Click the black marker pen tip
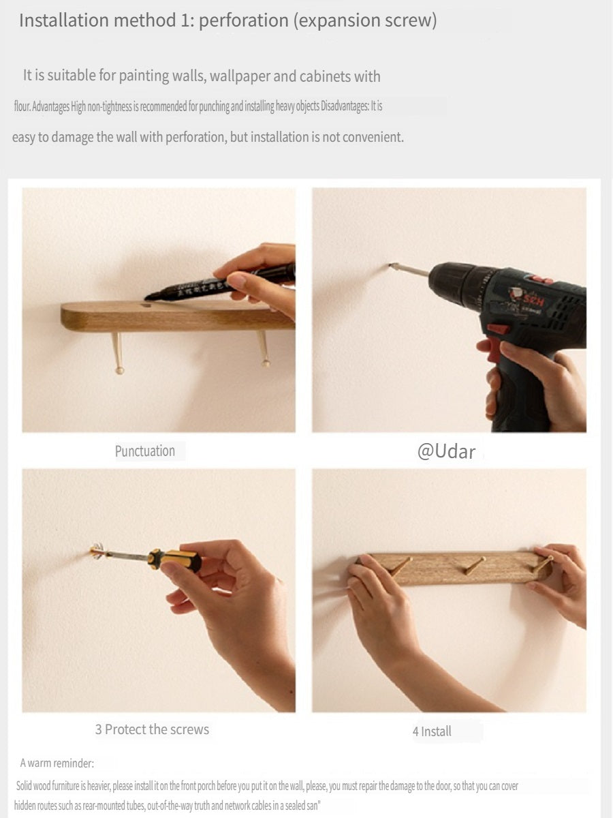coord(148,297)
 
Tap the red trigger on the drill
coord(495,348)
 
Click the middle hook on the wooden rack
coord(471,565)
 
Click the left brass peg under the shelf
coord(118,353)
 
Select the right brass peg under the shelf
coord(263,348)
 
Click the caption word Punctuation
coord(145,451)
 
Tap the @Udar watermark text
coord(446,451)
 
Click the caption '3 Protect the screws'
coord(152,729)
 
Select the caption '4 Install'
coord(432,731)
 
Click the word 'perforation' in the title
coord(244,20)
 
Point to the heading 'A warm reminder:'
coord(57,763)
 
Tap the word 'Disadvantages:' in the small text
coord(345,106)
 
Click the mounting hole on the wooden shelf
coord(146,305)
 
